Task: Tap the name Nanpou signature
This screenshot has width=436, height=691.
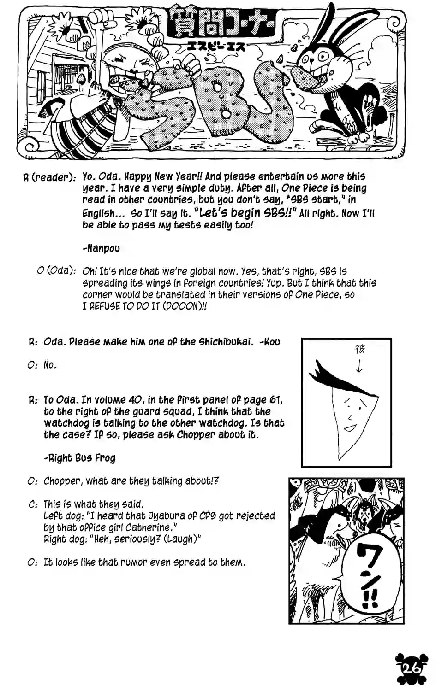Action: click(x=102, y=248)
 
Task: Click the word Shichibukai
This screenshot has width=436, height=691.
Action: click(x=226, y=342)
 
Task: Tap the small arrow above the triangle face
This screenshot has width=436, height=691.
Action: click(x=359, y=366)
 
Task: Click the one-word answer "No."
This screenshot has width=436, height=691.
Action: click(x=50, y=365)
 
